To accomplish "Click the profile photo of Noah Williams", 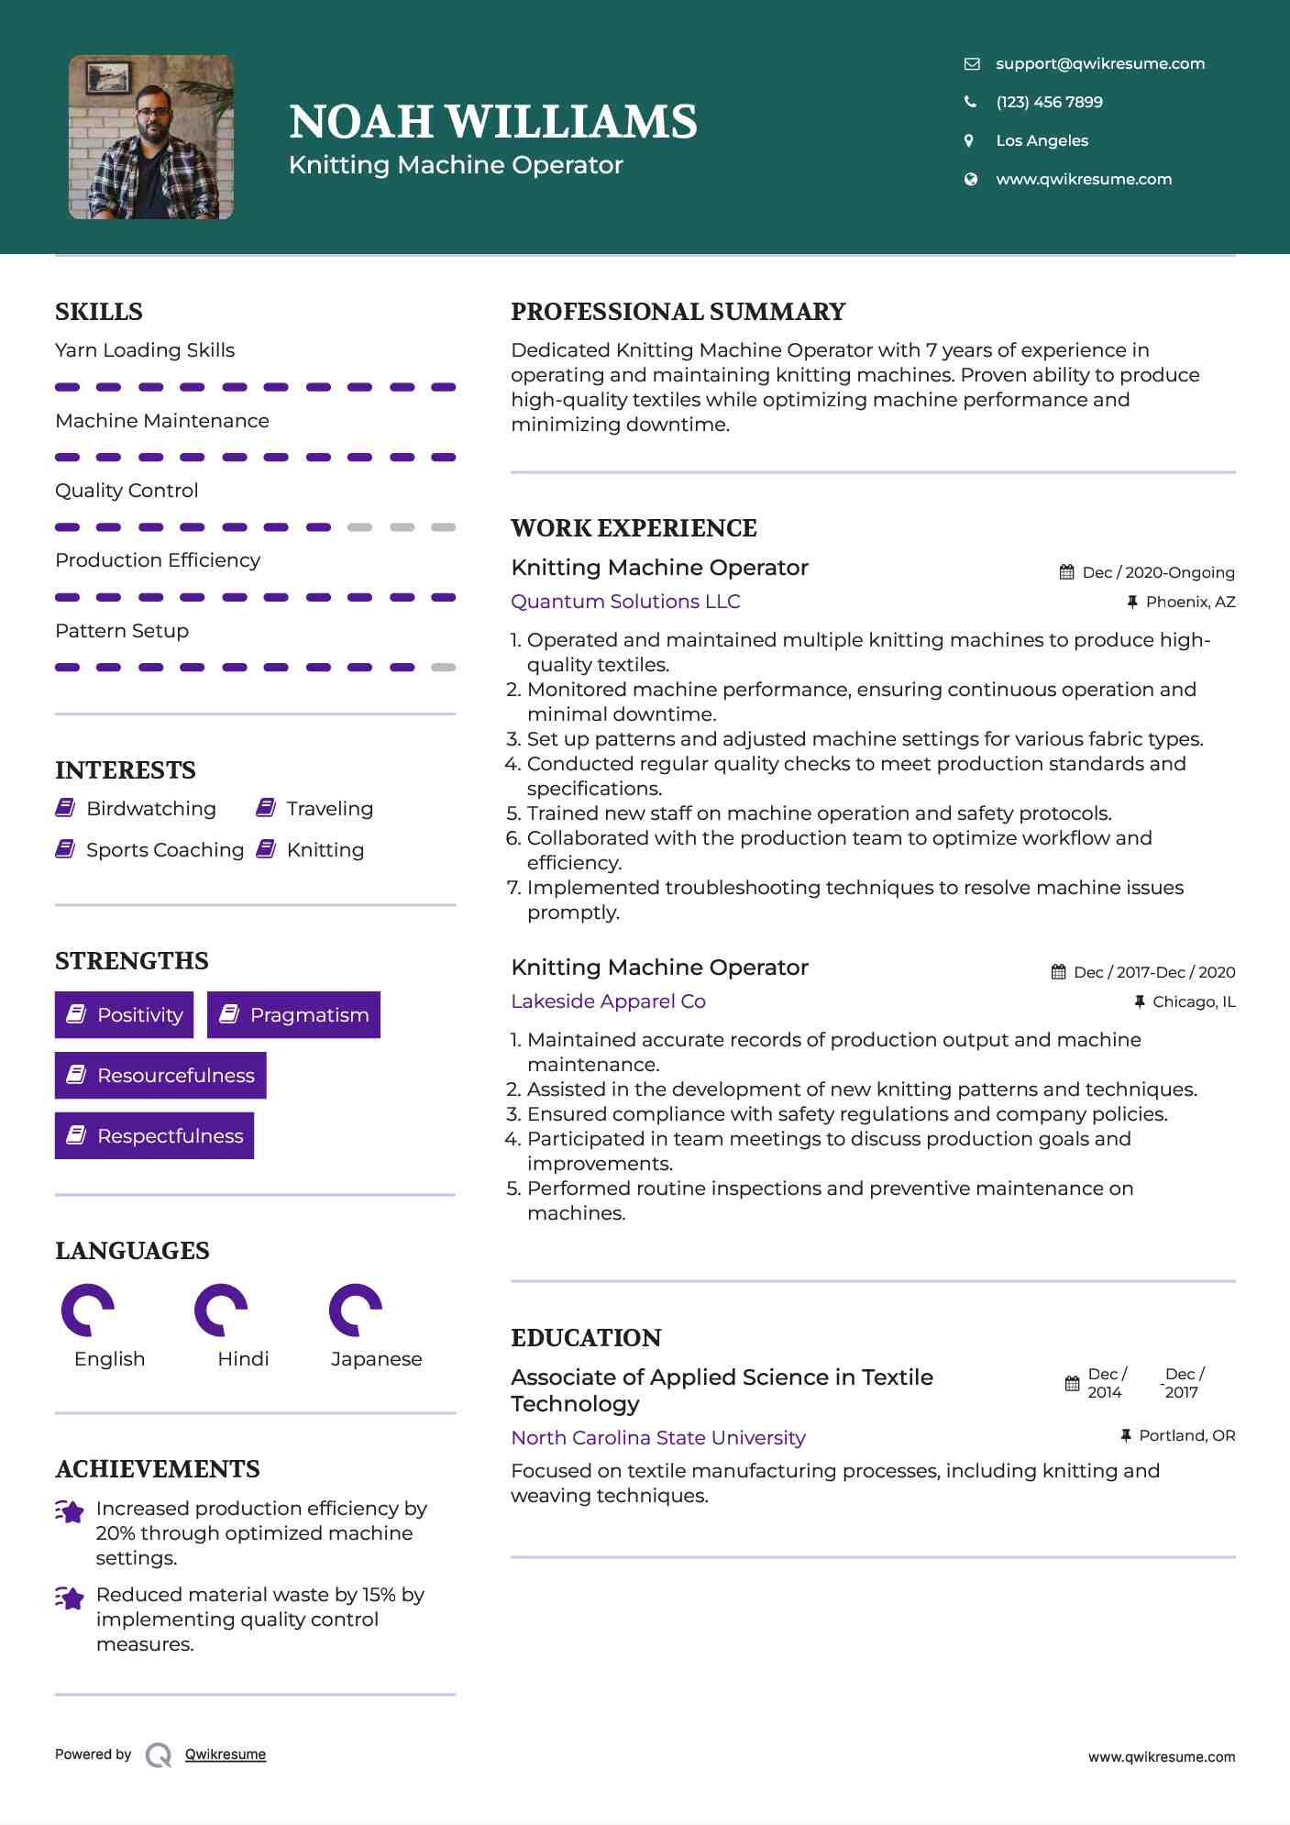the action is (151, 138).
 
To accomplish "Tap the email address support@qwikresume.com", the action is (1099, 63).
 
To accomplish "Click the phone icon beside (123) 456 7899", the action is (970, 102).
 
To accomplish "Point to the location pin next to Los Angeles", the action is (969, 140).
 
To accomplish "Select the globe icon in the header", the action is (970, 179).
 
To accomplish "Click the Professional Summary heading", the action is (678, 312).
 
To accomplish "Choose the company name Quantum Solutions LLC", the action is (625, 602).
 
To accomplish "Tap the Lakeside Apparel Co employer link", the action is (608, 1001).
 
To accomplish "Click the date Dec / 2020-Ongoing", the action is (1158, 572).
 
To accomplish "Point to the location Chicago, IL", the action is (1194, 1001).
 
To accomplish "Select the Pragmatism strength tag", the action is (293, 1015).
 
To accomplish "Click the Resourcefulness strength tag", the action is (160, 1076).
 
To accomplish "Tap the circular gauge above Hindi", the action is (221, 1310).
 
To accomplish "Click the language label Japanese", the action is (376, 1359).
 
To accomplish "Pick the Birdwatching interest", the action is (150, 809).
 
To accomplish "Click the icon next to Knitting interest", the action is (266, 849).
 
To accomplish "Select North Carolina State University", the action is (658, 1438).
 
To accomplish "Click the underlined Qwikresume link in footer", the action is (226, 1754).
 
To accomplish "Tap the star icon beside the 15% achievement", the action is (70, 1598).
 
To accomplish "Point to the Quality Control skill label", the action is (127, 491).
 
